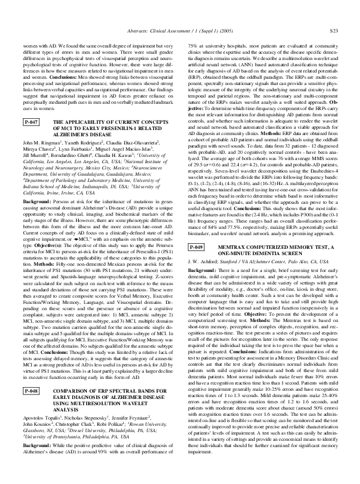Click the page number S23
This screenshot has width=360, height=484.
coord(334,29)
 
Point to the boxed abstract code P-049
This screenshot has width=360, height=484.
coord(197,266)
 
